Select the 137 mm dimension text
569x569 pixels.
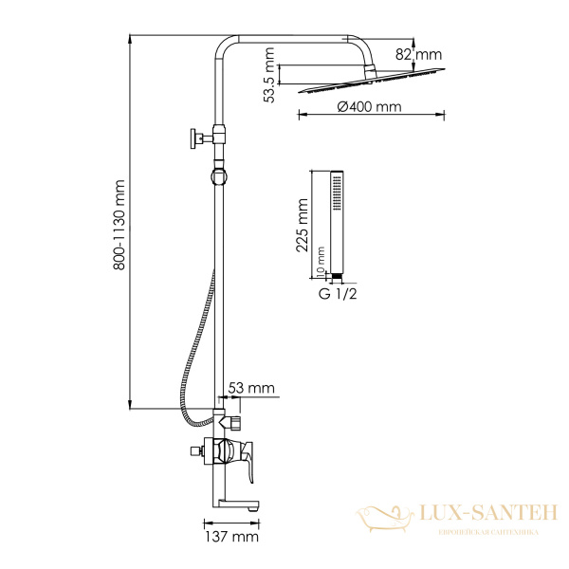[x=231, y=537]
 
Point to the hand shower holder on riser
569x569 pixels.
[x=219, y=175]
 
